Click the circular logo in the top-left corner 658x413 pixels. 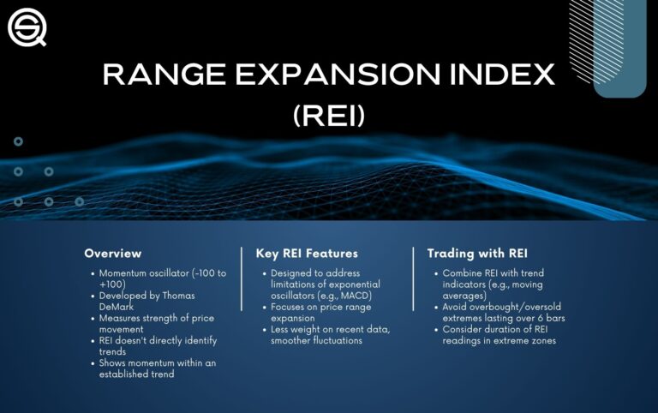pyautogui.click(x=27, y=27)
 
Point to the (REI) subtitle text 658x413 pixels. pyautogui.click(x=329, y=115)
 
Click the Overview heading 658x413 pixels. pyautogui.click(x=112, y=254)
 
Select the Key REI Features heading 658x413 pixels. pyautogui.click(x=307, y=254)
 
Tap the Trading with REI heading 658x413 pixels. pyautogui.click(x=476, y=254)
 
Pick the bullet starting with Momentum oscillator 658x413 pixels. pyautogui.click(x=154, y=279)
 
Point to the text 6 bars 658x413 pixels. pyautogui.click(x=547, y=318)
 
